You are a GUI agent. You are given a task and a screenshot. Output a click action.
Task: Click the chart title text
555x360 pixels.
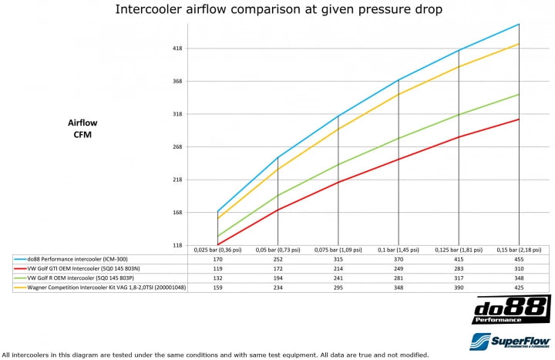tap(278, 9)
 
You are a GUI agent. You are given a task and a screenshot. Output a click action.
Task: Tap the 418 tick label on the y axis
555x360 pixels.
tap(177, 48)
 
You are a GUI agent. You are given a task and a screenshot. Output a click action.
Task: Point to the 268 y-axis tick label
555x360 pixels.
tap(177, 146)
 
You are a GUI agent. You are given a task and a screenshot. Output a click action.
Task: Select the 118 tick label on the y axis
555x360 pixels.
tap(177, 245)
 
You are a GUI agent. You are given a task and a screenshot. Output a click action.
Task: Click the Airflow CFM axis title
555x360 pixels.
tap(82, 129)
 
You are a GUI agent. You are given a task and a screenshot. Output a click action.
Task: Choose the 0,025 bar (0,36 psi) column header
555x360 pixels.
tap(217, 250)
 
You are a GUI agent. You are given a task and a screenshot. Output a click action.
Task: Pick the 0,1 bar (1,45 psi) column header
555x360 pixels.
tap(399, 250)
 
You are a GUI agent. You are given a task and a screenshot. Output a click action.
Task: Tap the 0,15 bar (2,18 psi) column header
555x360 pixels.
tap(519, 250)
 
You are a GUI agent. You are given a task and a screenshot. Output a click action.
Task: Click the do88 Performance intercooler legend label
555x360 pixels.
tap(78, 259)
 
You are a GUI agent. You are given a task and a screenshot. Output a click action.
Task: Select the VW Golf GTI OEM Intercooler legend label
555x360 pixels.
tap(83, 269)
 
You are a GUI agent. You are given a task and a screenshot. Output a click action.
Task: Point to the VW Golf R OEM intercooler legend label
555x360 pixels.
tap(81, 278)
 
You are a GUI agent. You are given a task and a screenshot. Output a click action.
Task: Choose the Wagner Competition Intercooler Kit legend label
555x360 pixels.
tap(106, 288)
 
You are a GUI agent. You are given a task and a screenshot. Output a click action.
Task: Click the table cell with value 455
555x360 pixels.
tap(519, 259)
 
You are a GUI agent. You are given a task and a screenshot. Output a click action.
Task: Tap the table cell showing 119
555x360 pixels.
tap(217, 269)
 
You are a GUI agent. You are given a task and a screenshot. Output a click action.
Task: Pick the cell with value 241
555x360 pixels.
tap(338, 278)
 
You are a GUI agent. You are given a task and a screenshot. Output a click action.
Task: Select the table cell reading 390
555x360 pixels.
tap(459, 288)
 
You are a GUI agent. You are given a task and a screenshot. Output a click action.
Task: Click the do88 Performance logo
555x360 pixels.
tap(511, 309)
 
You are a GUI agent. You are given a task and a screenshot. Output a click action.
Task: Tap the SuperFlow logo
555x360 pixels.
tap(510, 341)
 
